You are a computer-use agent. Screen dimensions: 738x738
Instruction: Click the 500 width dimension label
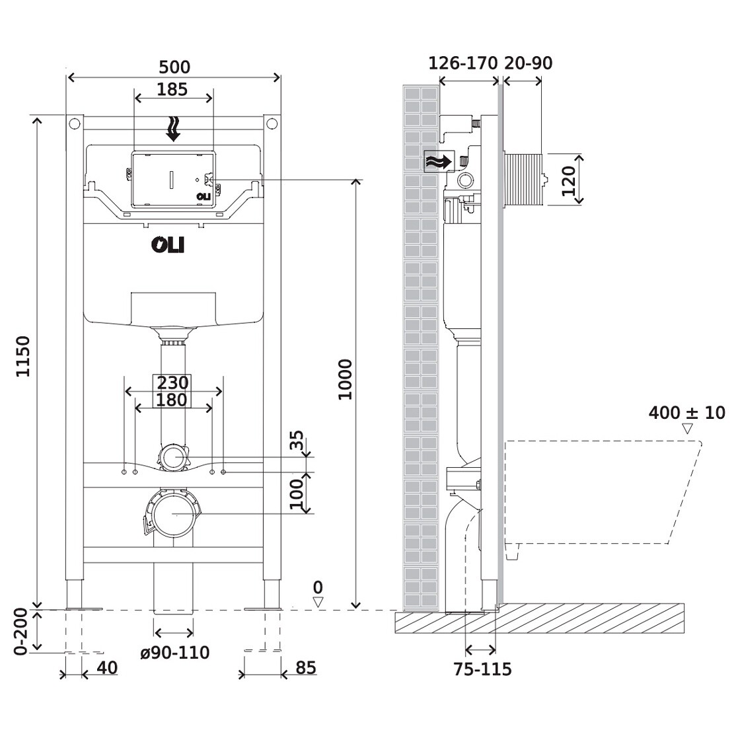[x=174, y=67]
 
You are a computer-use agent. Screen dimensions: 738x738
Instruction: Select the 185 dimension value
[x=173, y=89]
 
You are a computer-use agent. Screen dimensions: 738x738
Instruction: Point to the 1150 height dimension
[x=23, y=357]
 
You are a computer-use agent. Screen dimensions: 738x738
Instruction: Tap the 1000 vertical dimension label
[x=345, y=379]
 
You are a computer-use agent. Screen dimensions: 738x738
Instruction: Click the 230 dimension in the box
[x=172, y=383]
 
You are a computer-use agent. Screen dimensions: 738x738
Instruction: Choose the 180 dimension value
[x=172, y=400]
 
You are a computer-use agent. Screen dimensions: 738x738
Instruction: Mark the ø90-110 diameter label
[x=175, y=653]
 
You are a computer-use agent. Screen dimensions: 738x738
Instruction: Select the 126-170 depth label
[x=462, y=63]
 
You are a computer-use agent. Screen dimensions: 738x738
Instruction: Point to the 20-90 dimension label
[x=529, y=63]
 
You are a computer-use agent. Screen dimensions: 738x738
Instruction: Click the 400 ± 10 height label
[x=686, y=414]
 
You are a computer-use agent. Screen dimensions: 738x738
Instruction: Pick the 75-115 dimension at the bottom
[x=482, y=669]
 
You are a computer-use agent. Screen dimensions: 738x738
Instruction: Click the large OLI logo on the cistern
[x=168, y=245]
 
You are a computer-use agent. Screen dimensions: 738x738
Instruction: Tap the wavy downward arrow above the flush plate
[x=174, y=129]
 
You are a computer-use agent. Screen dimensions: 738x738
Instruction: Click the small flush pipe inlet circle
[x=173, y=457]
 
